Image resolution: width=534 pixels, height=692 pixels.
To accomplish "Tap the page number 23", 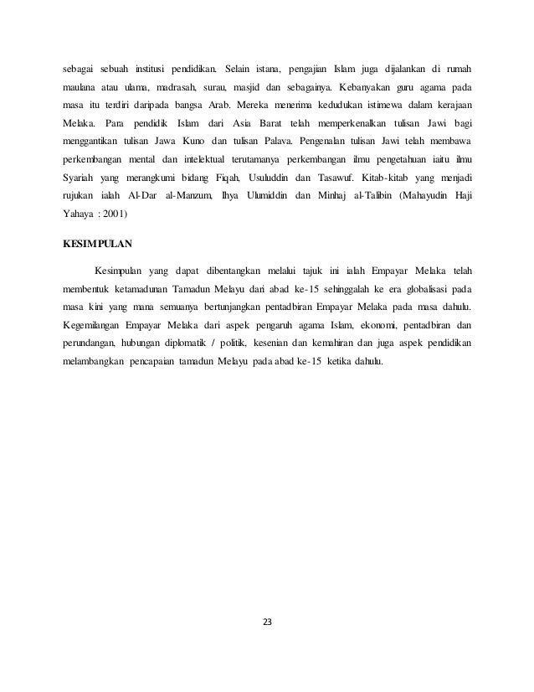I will (267, 622).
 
